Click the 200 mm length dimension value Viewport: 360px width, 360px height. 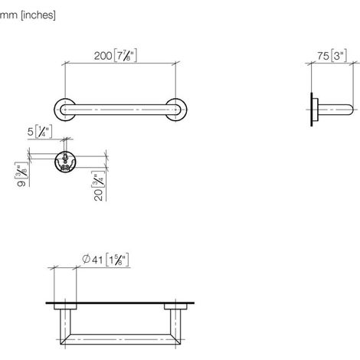(103, 56)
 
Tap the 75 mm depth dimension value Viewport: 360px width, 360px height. (323, 56)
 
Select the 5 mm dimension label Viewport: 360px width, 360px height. (31, 132)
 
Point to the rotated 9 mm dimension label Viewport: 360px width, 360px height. (21, 183)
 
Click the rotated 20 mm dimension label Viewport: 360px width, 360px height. (98, 195)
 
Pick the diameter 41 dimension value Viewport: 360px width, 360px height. (97, 260)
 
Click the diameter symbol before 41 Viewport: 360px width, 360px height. (86, 259)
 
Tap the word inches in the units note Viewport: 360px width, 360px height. (38, 15)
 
